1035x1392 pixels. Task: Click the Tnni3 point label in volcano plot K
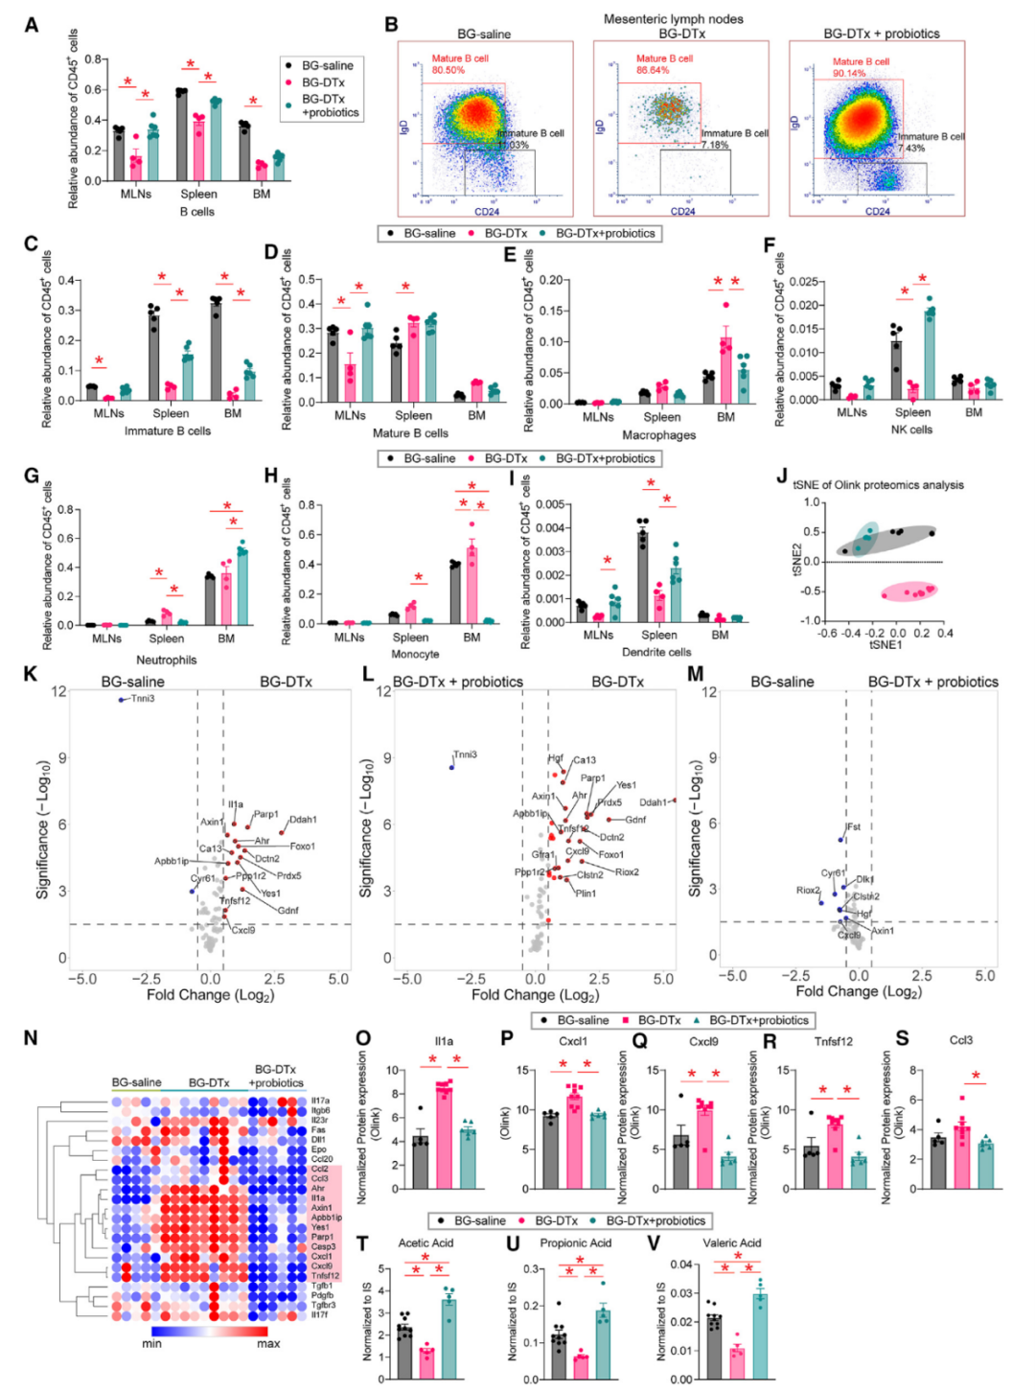pyautogui.click(x=143, y=699)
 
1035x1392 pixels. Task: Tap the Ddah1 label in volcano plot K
pyautogui.click(x=303, y=820)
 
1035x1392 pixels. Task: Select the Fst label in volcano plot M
pyautogui.click(x=853, y=826)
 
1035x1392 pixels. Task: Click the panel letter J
pyautogui.click(x=782, y=476)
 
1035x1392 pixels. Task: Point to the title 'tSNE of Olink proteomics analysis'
pyautogui.click(x=878, y=485)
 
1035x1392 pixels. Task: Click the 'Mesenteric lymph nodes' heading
pyautogui.click(x=673, y=19)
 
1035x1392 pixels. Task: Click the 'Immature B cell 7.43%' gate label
pyautogui.click(x=931, y=142)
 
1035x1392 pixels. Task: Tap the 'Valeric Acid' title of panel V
pyautogui.click(x=733, y=1243)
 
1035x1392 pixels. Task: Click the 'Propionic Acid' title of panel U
pyautogui.click(x=576, y=1243)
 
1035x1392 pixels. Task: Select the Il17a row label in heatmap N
pyautogui.click(x=320, y=1101)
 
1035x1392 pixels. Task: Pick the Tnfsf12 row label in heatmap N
pyautogui.click(x=325, y=1276)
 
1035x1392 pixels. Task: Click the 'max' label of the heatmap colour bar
pyautogui.click(x=268, y=1344)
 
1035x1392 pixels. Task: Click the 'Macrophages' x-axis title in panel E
pyautogui.click(x=659, y=435)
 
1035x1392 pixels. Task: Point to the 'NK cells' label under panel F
pyautogui.click(x=911, y=429)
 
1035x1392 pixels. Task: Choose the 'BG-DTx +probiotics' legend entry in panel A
pyautogui.click(x=330, y=105)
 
